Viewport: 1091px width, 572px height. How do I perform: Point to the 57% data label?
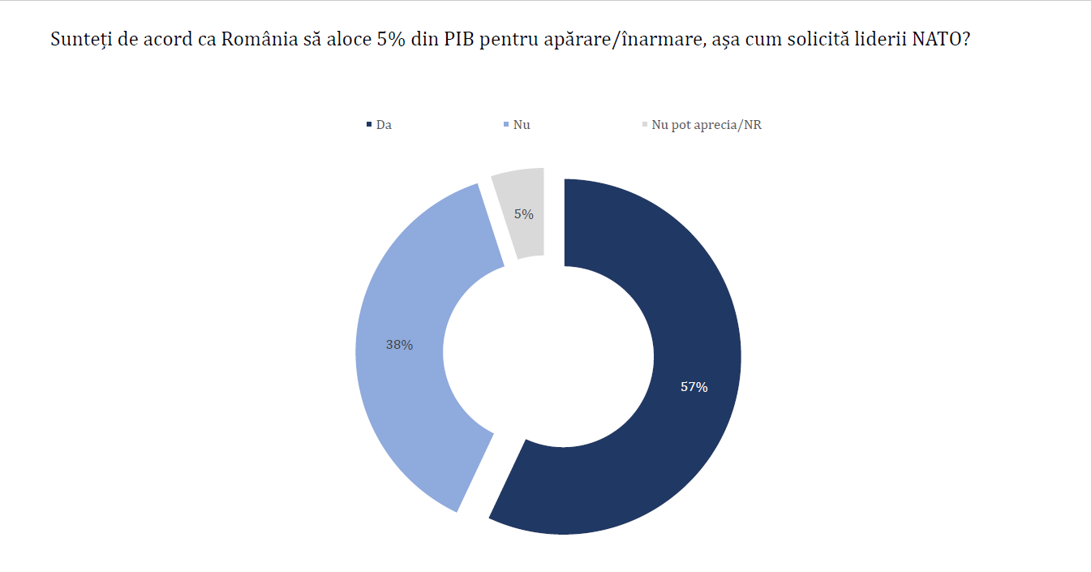pos(694,388)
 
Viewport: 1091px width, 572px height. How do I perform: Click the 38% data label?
pos(399,345)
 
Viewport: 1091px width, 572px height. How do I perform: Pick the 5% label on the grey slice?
pos(524,214)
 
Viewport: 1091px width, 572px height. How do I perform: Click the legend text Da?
pos(384,125)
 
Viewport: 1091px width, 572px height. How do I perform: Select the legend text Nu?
pos(522,125)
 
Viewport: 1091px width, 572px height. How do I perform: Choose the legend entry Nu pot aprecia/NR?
pos(707,125)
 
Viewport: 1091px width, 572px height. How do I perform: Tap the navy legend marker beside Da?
pos(369,125)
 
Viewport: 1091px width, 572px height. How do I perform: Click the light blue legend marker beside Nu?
pos(506,125)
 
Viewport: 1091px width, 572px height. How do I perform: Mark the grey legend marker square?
pos(645,125)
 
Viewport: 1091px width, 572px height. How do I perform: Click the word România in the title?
pos(254,40)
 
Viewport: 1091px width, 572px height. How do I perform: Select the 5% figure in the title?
pos(391,40)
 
